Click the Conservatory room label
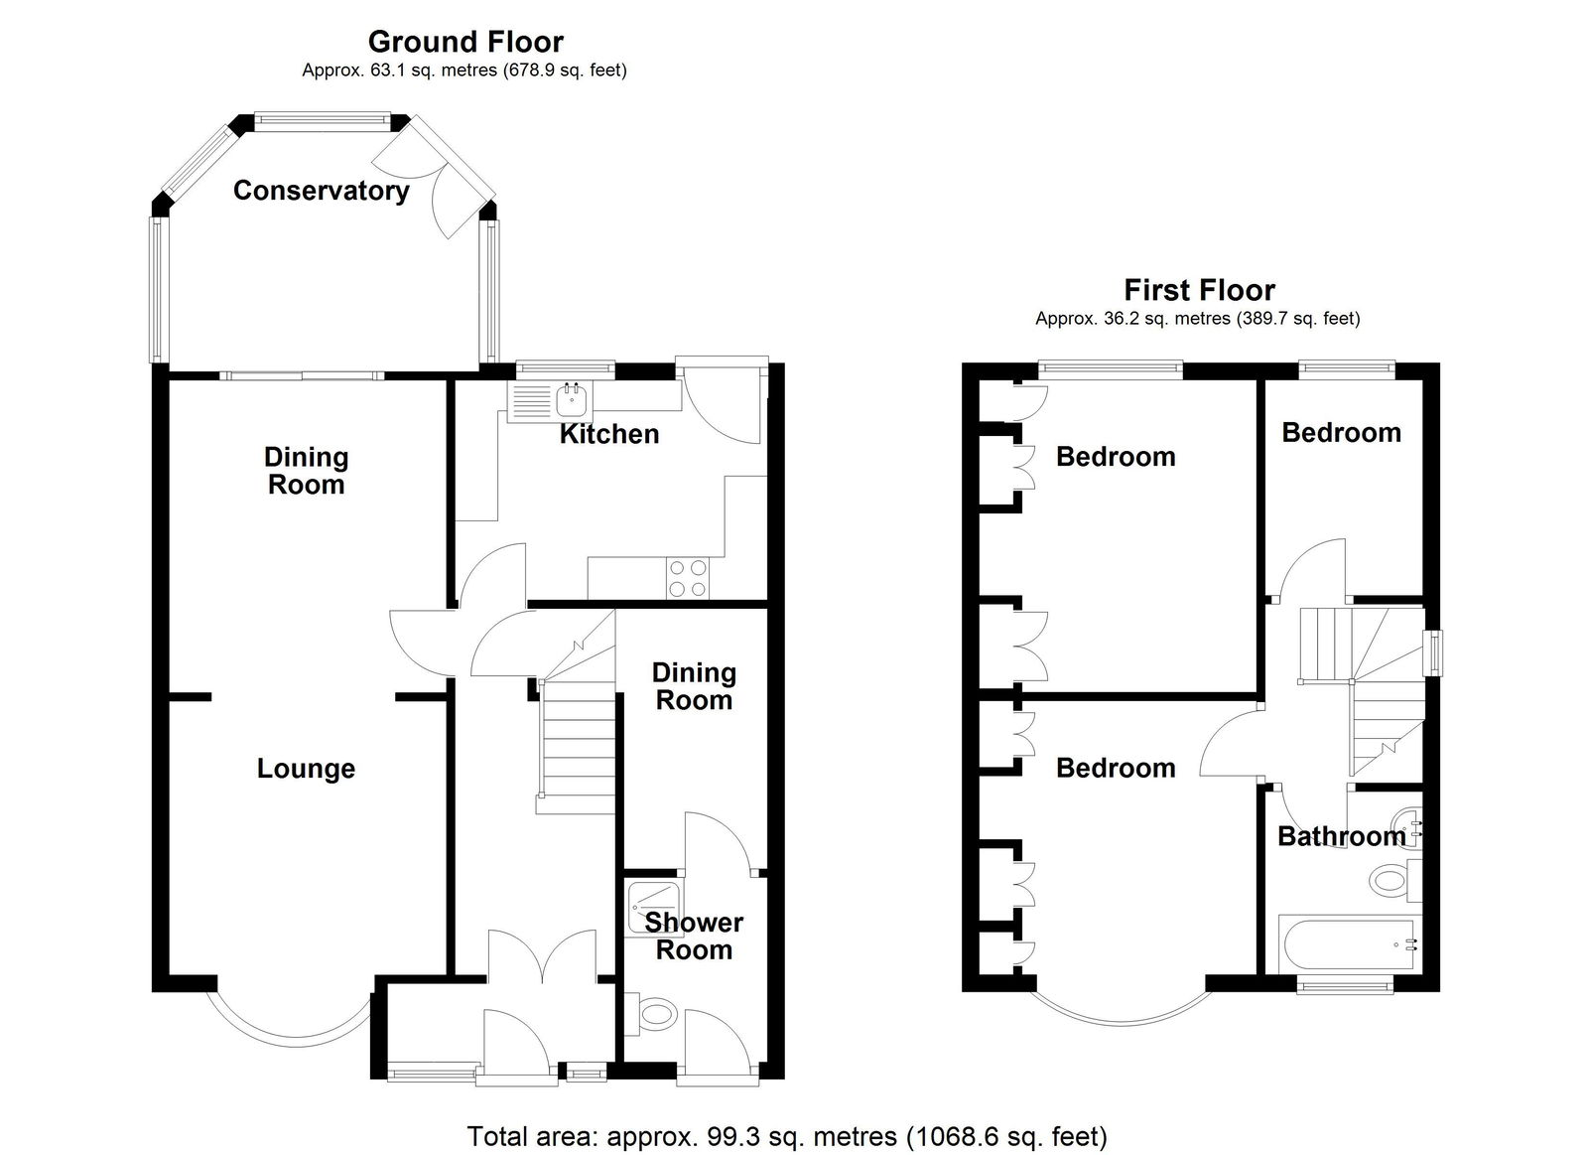click(322, 191)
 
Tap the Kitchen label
click(609, 434)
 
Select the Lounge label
click(306, 769)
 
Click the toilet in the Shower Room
click(651, 1013)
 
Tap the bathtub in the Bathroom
click(1347, 944)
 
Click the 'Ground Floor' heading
click(465, 43)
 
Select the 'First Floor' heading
click(1200, 291)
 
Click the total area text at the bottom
click(787, 1136)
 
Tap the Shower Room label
click(694, 936)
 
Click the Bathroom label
click(1341, 836)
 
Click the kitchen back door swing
click(720, 404)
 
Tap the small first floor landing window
click(1433, 652)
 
